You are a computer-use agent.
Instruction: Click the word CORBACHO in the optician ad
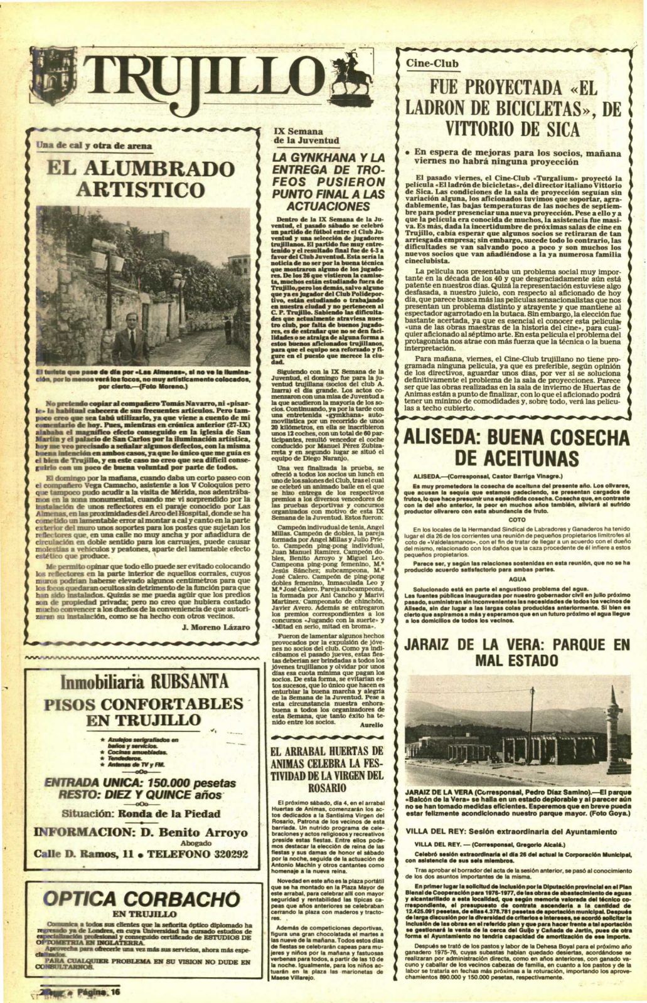tap(179, 898)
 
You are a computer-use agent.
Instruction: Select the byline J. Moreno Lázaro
tap(215, 644)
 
